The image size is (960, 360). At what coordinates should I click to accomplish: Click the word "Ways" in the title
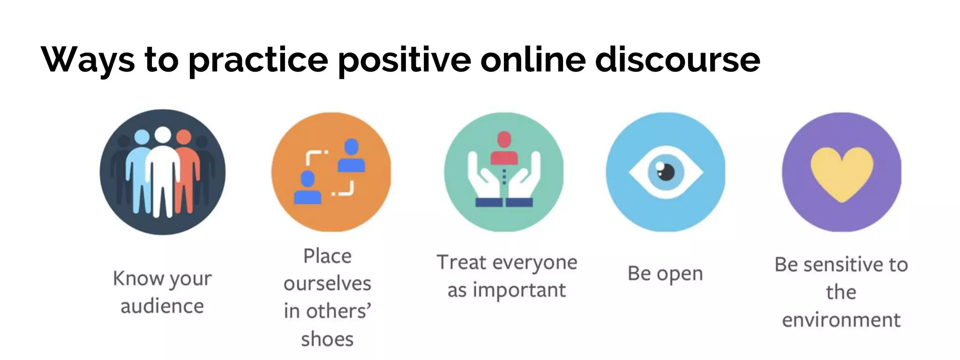88,60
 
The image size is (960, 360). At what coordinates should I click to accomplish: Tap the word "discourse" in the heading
677,60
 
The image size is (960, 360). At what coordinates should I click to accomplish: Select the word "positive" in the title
404,60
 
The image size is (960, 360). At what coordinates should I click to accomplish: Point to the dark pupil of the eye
666,172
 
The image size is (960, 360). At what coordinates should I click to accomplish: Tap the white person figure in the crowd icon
163,173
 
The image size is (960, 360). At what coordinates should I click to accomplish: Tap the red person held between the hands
504,149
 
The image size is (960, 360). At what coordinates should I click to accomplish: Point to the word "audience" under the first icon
162,307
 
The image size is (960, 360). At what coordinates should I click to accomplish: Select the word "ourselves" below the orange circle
327,284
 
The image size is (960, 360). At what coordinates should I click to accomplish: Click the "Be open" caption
665,274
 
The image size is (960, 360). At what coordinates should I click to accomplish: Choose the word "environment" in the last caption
841,320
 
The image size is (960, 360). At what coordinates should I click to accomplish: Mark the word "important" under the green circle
519,291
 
